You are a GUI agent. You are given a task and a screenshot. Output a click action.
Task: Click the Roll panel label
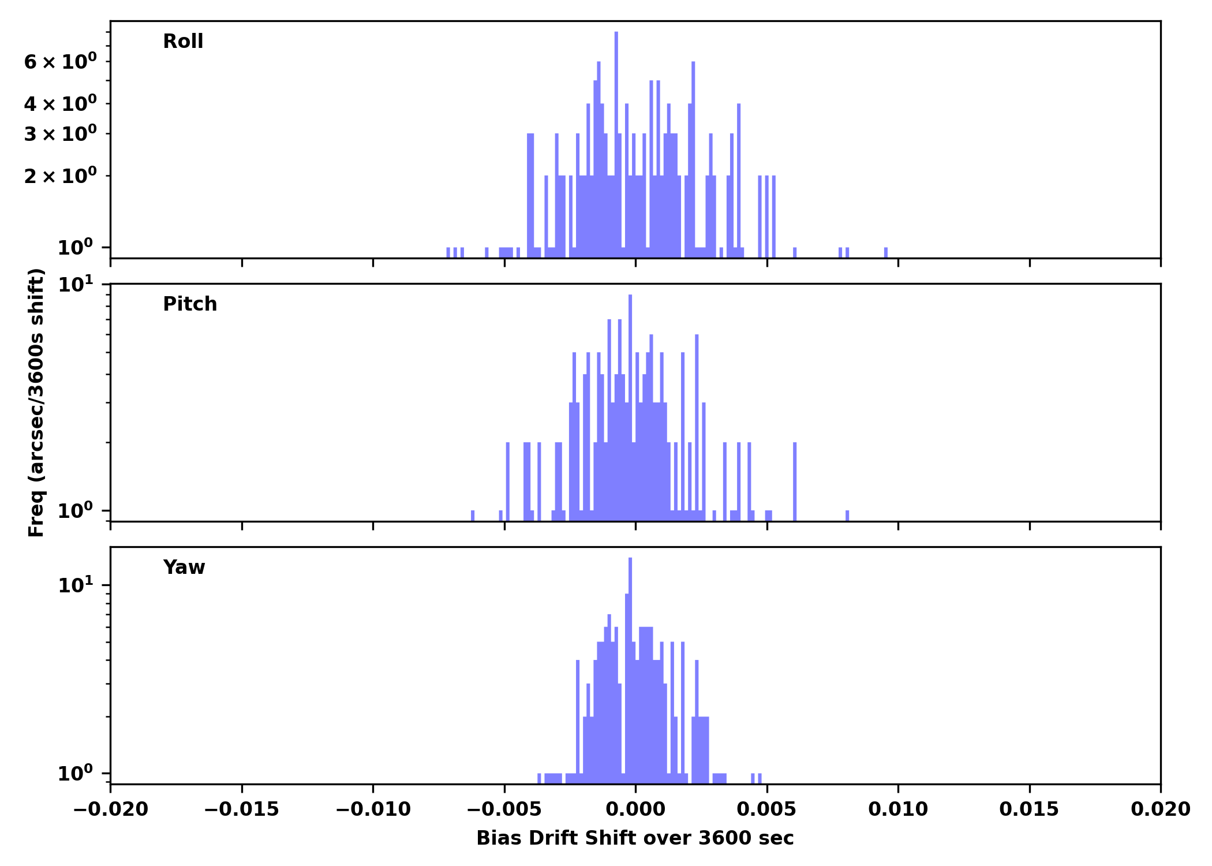(183, 42)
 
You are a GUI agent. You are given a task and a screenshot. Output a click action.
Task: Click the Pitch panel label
(190, 304)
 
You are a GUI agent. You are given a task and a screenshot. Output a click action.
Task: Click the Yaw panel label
(184, 568)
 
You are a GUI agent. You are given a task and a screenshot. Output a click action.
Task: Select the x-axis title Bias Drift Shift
(635, 838)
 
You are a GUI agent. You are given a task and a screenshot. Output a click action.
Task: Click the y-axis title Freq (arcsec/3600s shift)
(36, 402)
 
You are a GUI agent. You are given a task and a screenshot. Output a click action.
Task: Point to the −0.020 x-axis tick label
(110, 809)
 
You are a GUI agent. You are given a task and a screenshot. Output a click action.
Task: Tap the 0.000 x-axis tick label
(635, 809)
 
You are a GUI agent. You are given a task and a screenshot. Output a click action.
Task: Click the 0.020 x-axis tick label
(1160, 809)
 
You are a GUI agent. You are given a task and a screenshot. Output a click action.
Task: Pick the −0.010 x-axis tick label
(373, 809)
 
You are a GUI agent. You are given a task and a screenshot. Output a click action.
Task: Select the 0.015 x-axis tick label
(1029, 809)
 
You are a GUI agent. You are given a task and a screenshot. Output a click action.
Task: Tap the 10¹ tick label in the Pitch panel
(75, 284)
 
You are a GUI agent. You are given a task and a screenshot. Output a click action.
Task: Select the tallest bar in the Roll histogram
(616, 144)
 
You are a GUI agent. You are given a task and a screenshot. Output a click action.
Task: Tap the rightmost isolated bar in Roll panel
(886, 252)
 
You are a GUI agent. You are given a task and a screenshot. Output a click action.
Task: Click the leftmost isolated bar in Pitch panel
(473, 516)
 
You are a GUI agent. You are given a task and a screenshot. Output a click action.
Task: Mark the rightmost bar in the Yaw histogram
(760, 778)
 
